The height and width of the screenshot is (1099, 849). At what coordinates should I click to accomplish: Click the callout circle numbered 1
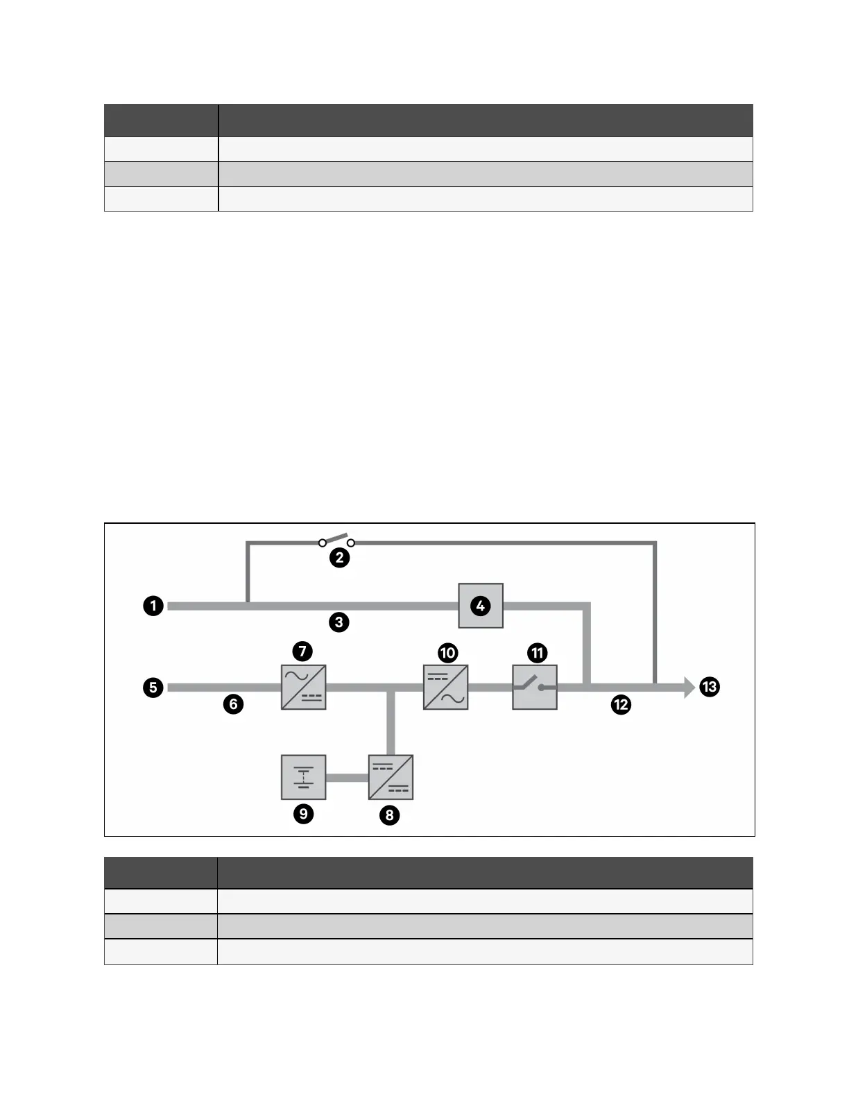[x=153, y=606]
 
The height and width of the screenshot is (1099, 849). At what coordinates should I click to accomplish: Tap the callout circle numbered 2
[x=339, y=558]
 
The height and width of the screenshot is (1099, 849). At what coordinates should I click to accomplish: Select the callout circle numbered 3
[x=338, y=622]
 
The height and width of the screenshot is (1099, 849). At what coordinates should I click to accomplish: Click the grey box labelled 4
[x=481, y=606]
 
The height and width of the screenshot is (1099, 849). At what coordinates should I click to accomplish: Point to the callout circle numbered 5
[x=153, y=688]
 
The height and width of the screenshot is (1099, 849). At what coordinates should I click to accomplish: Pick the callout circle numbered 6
[x=233, y=704]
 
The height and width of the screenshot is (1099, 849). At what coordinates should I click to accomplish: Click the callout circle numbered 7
[x=302, y=651]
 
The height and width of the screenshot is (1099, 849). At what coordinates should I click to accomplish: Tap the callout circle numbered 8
[x=389, y=815]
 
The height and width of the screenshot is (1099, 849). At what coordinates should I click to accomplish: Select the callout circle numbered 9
[x=303, y=813]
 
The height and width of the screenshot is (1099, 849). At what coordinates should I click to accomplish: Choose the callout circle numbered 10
[x=448, y=652]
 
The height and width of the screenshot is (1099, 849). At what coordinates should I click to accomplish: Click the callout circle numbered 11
[x=538, y=652]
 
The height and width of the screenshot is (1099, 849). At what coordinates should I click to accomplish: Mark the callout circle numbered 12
[x=621, y=705]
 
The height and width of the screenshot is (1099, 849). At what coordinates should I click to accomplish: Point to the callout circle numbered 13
[x=710, y=688]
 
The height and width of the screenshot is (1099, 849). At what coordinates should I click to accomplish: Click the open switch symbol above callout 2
[x=336, y=540]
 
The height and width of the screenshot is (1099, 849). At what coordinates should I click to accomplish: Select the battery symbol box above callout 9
[x=303, y=777]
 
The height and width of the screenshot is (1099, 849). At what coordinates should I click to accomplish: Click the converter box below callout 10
[x=446, y=687]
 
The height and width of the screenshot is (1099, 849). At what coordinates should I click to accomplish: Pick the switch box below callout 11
[x=535, y=687]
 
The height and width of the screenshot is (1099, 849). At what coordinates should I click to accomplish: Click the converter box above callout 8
[x=391, y=777]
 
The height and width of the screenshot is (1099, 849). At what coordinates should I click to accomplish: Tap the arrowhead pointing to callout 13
[x=688, y=688]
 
